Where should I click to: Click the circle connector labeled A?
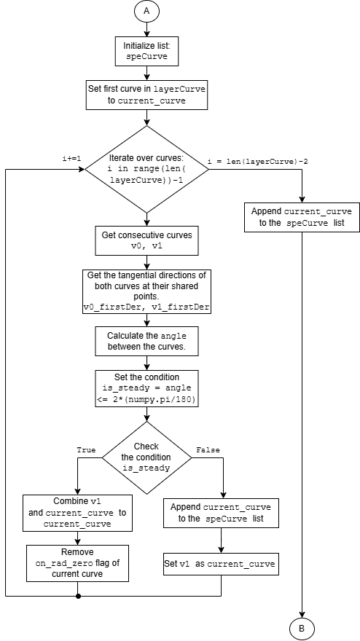coord(146,12)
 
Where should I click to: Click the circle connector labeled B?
coord(302,628)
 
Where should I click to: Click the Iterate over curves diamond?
coord(146,169)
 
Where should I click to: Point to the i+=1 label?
coord(72,159)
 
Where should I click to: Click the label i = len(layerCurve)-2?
coord(258,162)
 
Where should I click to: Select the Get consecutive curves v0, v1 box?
coord(146,240)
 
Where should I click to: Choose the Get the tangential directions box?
coord(146,292)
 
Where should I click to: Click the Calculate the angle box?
coord(146,342)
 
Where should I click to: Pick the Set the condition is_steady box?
coord(146,389)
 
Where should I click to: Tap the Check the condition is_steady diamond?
coord(146,457)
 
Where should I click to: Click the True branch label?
coord(86,450)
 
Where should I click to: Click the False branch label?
coord(208,450)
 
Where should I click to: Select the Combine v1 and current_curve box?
coord(77,513)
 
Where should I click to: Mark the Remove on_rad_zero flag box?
coord(77,563)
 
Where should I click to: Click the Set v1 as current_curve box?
coord(221,564)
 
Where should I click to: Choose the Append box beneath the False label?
coord(221,513)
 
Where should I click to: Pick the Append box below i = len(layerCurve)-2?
coord(302,218)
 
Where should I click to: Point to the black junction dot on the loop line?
coord(78,596)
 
